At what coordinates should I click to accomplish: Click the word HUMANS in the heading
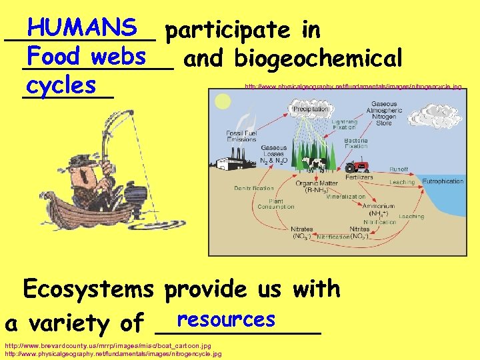(83, 27)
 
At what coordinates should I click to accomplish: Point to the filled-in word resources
(227, 319)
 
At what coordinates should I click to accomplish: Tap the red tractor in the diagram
(356, 163)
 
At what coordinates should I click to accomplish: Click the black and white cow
(313, 163)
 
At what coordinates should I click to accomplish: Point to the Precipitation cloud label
(311, 109)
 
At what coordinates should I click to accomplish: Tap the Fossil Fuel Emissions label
(241, 135)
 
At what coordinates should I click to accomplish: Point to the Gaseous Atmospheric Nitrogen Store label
(384, 114)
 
